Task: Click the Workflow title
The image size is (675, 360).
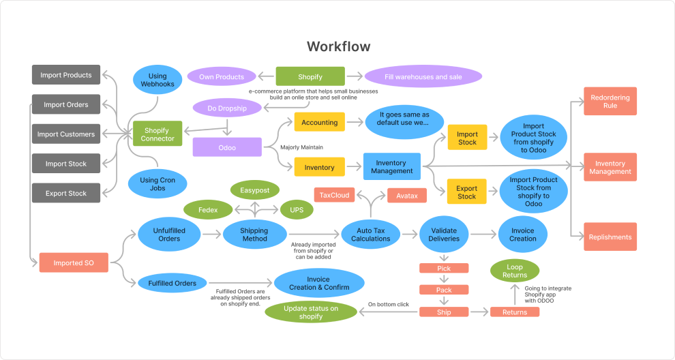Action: point(338,47)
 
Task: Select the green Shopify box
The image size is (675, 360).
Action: point(310,77)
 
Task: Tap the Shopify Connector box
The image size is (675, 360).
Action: point(158,134)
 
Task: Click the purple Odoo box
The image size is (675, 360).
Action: point(227,147)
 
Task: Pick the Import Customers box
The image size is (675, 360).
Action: point(66,134)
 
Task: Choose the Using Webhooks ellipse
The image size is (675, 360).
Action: point(158,80)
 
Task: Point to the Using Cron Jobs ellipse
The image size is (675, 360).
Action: point(157,184)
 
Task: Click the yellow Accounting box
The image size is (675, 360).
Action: point(319,123)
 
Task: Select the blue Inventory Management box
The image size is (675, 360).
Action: point(391,167)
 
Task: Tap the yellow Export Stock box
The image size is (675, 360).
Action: point(467,192)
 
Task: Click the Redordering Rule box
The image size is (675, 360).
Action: point(610,102)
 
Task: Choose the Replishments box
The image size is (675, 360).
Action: point(610,237)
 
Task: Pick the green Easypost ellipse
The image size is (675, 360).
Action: point(254,190)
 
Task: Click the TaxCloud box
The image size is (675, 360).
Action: point(335,195)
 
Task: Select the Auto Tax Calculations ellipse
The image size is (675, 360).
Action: point(370,235)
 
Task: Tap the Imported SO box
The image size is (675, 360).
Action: point(74,262)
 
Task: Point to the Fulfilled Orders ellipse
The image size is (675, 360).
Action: point(172,283)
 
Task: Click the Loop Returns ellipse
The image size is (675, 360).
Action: point(515,270)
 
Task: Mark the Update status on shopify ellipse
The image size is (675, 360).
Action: point(311,312)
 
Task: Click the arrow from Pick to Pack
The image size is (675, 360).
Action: point(445,279)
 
